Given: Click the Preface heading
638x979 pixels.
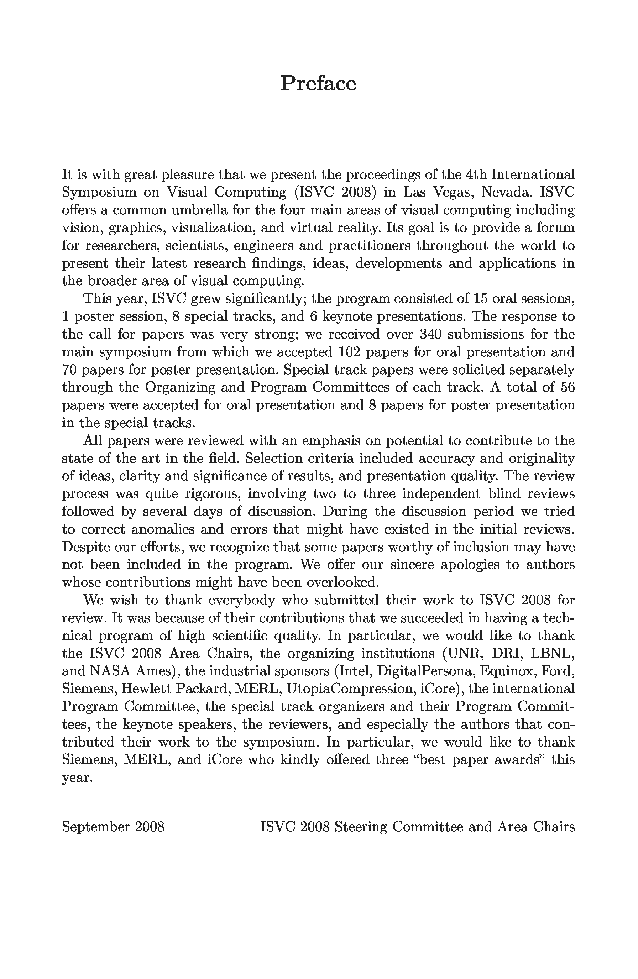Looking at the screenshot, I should point(318,84).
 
